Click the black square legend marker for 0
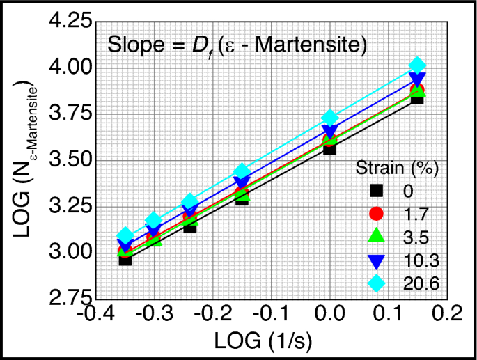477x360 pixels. click(377, 190)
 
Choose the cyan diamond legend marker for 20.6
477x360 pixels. click(377, 283)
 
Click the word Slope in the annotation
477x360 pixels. click(132, 47)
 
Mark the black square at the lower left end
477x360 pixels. click(125, 259)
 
